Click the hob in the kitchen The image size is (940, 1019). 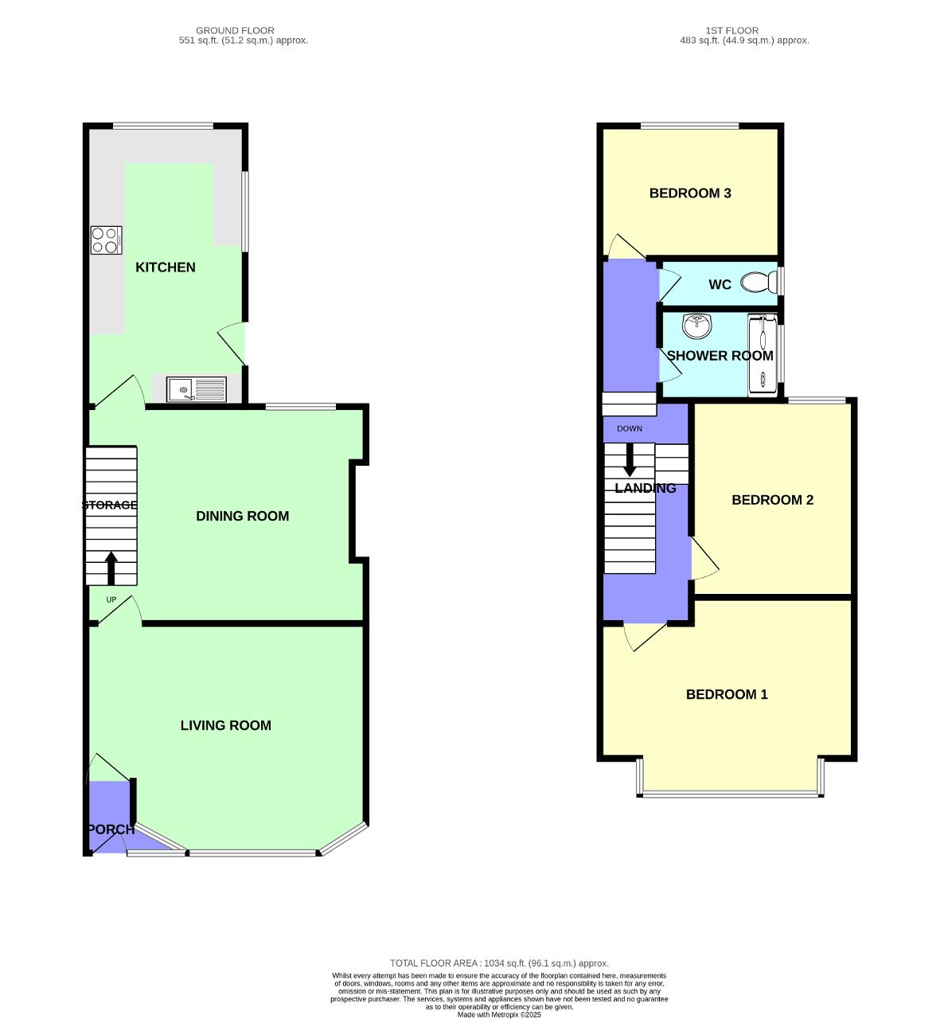[106, 240]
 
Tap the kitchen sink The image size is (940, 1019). [197, 390]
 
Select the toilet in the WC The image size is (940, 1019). [759, 283]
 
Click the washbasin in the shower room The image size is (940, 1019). [697, 325]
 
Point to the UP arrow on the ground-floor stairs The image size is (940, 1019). [111, 568]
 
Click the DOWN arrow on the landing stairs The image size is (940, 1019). [630, 460]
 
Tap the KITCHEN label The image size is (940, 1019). [166, 267]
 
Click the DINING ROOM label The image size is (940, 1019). [242, 516]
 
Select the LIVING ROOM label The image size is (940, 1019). [225, 725]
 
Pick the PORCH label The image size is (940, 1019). [111, 830]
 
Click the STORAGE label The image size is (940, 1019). [110, 505]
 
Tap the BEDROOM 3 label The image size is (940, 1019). [690, 193]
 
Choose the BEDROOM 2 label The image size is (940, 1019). [772, 500]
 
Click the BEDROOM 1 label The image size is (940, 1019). [727, 694]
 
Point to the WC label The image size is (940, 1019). [720, 284]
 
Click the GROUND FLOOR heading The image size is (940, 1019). [235, 30]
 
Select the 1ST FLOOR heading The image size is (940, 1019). [731, 30]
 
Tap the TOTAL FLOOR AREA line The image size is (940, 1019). [499, 963]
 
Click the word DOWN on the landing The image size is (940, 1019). [629, 429]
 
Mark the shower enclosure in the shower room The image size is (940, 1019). [762, 355]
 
